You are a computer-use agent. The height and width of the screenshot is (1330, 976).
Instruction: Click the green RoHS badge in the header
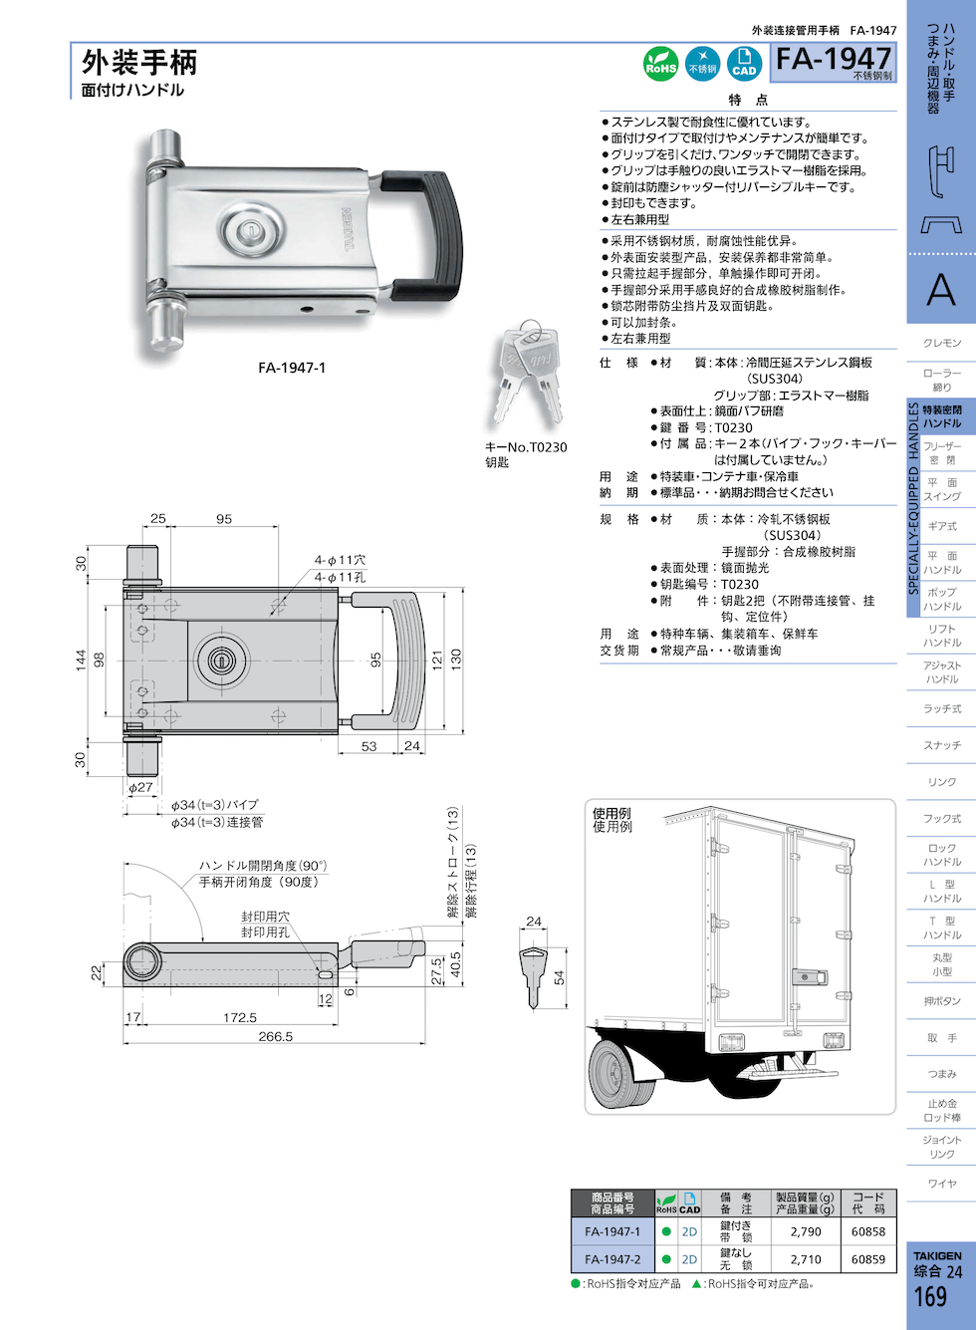click(661, 64)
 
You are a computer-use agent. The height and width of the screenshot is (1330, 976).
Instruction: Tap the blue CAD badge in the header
click(744, 64)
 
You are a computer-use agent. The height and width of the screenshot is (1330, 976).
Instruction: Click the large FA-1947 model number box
click(834, 62)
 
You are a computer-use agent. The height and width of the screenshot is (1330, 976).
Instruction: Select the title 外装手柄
click(139, 62)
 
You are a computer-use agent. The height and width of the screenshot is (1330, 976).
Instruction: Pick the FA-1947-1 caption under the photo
click(292, 368)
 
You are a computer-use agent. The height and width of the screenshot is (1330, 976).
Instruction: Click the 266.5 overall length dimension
click(276, 1036)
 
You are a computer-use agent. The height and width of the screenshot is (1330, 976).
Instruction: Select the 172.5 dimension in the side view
click(240, 1017)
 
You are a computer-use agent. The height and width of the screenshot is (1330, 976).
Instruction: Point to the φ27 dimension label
click(141, 787)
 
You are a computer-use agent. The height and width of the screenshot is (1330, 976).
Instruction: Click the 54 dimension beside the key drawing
click(560, 977)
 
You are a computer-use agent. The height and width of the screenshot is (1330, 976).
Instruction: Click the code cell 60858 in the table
click(867, 1231)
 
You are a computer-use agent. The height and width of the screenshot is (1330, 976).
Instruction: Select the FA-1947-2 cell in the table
click(612, 1259)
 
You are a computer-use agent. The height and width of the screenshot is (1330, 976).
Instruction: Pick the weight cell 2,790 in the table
click(806, 1231)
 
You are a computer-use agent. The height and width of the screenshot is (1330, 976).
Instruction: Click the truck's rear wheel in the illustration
click(621, 1073)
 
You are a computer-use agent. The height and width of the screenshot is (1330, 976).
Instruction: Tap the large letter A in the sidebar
click(940, 290)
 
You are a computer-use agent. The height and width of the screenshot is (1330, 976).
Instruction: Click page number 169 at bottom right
click(930, 1296)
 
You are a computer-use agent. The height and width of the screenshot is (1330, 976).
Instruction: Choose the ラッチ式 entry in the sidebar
click(941, 708)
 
